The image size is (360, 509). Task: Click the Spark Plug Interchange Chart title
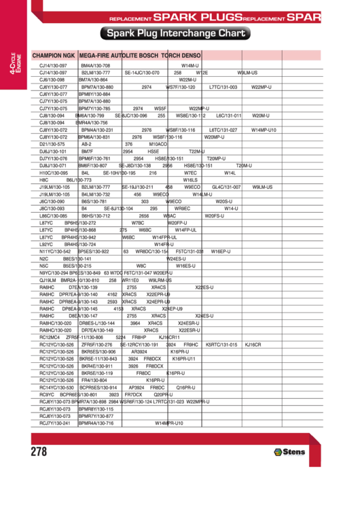[x=175, y=33]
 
